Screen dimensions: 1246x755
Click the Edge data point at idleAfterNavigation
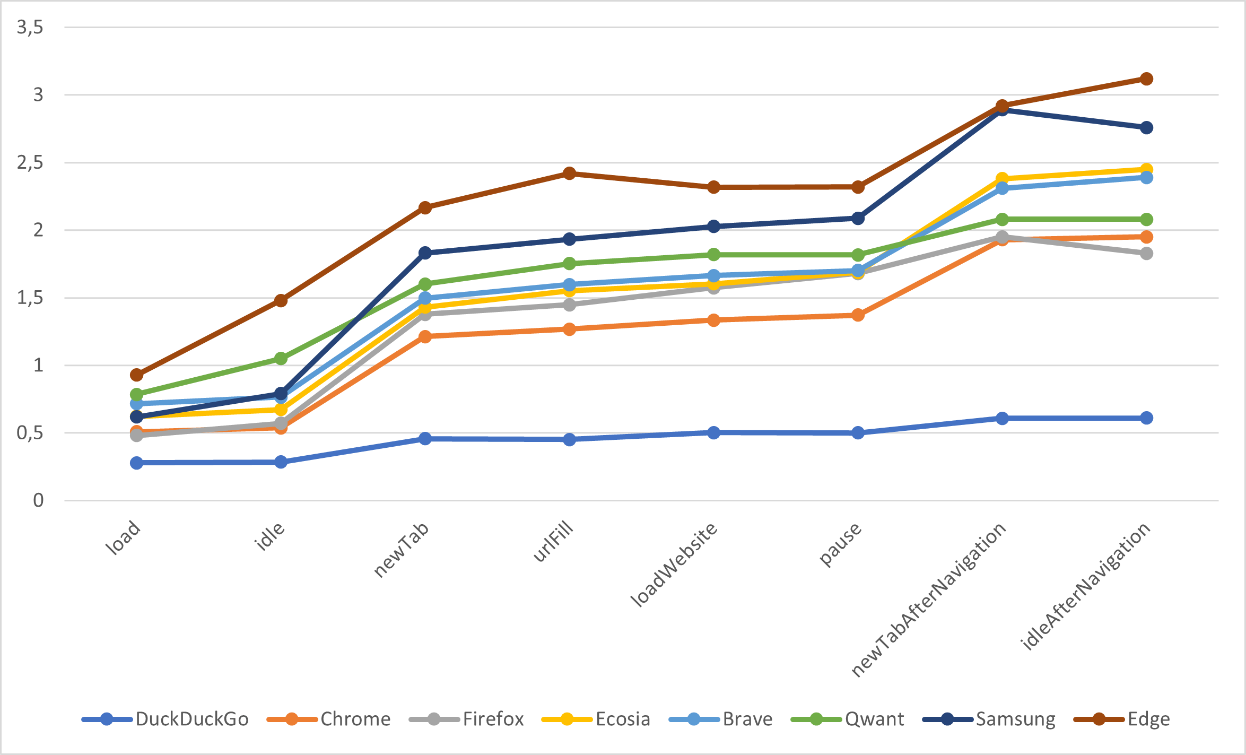tap(1146, 79)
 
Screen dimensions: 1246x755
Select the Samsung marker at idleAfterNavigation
tap(1146, 128)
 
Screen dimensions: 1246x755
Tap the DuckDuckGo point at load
tap(137, 463)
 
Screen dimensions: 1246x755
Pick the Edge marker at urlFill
tap(569, 173)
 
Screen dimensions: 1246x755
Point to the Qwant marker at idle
tap(281, 359)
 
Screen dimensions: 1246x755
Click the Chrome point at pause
tap(858, 315)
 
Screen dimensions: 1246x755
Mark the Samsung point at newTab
tap(425, 253)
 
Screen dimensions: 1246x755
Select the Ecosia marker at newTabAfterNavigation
tap(1002, 179)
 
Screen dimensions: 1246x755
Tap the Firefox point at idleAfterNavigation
tap(1146, 254)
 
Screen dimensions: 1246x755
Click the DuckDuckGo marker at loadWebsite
tap(713, 432)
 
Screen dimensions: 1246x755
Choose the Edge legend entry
tap(1121, 719)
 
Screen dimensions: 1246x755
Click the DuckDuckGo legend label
tap(192, 719)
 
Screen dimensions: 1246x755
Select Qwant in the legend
tap(847, 719)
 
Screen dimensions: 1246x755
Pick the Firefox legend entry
tap(466, 719)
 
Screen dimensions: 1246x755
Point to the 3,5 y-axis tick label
tap(30, 27)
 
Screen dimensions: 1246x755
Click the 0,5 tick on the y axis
tap(30, 433)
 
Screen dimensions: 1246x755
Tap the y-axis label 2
tap(38, 230)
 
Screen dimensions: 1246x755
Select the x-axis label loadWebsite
tap(674, 564)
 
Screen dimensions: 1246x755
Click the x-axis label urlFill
tap(553, 541)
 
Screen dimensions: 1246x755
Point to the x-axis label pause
tap(840, 544)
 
